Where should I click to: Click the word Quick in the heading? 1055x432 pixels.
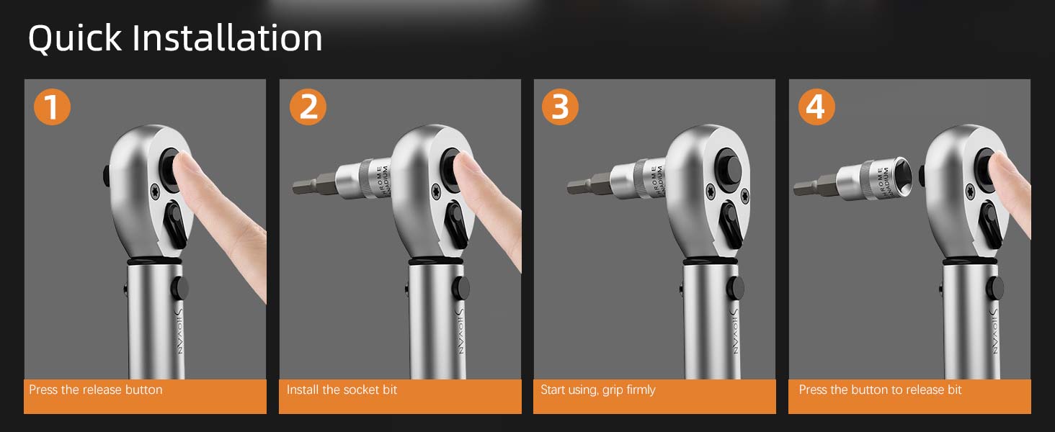74,38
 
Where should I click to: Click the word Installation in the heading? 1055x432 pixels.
227,38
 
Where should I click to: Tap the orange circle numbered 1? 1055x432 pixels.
52,107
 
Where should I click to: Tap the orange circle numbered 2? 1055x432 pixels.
308,107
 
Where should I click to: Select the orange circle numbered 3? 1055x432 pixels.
560,107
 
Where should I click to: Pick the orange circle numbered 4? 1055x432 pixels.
816,107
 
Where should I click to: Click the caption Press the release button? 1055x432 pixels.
96,390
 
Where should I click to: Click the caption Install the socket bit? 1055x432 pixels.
342,390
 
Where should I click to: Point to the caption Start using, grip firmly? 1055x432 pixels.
598,390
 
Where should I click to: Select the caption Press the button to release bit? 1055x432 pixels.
880,390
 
